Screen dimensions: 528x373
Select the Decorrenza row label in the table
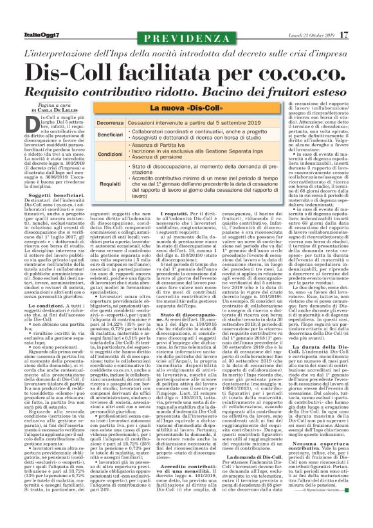coord(110,122)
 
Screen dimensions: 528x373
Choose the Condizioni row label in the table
coord(110,155)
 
